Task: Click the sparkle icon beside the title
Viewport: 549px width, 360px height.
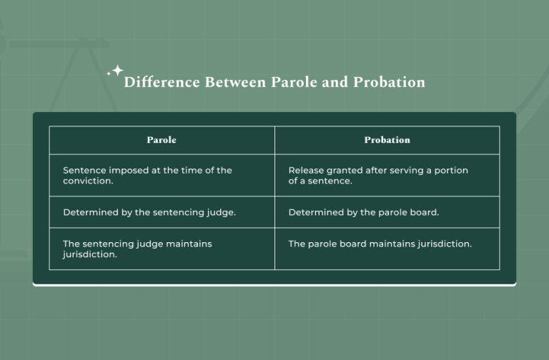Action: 114,71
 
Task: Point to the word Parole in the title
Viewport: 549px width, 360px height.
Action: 290,82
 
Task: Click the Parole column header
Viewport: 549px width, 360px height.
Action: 162,140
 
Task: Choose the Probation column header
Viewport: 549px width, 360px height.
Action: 387,140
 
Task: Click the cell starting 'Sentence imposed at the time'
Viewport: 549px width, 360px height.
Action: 162,176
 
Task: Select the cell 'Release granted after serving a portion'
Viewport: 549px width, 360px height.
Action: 387,176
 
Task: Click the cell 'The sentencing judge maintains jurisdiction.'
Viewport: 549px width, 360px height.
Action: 162,249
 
